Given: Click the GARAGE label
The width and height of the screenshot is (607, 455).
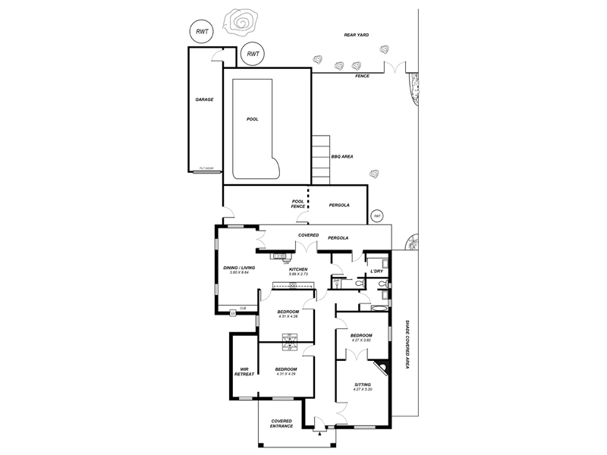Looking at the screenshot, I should click(x=203, y=99).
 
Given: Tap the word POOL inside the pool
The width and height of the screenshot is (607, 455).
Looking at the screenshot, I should click(x=253, y=119).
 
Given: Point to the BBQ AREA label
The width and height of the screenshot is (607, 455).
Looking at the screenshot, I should click(x=341, y=157).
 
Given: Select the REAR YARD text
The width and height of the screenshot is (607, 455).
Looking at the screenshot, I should click(x=356, y=34).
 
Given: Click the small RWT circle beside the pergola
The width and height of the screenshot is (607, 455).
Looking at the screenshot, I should click(x=376, y=216).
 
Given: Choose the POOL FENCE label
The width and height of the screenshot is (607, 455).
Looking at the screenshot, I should click(x=298, y=205).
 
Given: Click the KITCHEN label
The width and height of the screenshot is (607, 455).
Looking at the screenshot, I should click(x=298, y=270).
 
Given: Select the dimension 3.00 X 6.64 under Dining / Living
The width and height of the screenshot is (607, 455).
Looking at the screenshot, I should click(x=239, y=273).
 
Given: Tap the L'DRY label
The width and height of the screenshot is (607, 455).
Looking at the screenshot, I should click(x=376, y=271).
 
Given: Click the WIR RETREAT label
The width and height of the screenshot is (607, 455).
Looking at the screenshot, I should click(x=244, y=371).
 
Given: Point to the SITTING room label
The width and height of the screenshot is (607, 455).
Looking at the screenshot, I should click(x=363, y=384).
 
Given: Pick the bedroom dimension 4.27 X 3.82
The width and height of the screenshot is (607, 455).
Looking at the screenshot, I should click(x=361, y=340).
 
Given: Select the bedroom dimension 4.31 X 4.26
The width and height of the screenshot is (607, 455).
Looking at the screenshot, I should click(x=288, y=316).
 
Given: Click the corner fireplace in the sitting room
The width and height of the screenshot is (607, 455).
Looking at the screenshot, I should click(x=385, y=370).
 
